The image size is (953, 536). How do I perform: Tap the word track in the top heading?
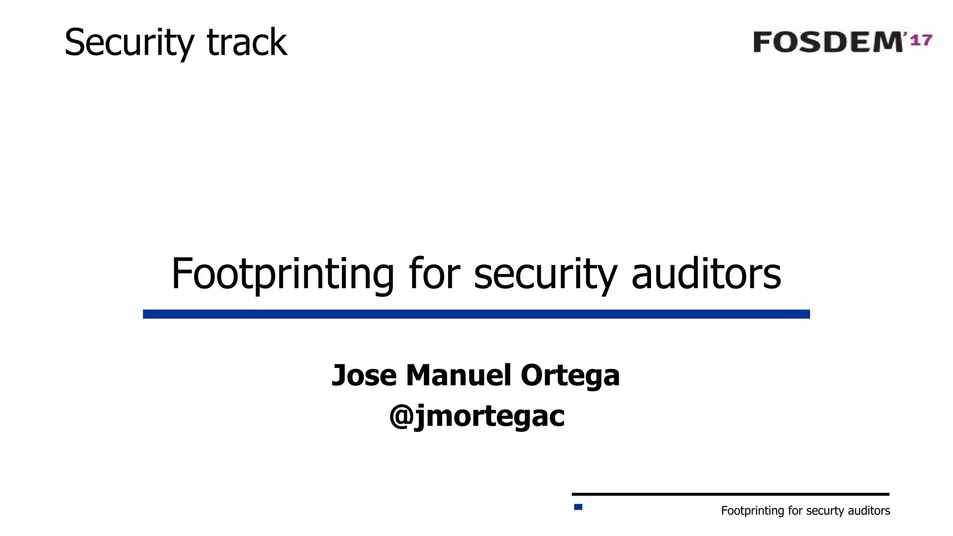pyautogui.click(x=247, y=43)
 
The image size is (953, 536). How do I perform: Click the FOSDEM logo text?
pyautogui.click(x=827, y=42)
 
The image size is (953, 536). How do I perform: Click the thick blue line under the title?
pyautogui.click(x=476, y=314)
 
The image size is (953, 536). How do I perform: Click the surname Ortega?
pyautogui.click(x=570, y=376)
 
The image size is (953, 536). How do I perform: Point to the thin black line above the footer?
pyautogui.click(x=730, y=494)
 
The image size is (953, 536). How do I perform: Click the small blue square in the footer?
pyautogui.click(x=578, y=507)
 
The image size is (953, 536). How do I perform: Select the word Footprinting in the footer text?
pyautogui.click(x=752, y=511)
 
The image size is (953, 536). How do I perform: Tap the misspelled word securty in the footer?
pyautogui.click(x=825, y=511)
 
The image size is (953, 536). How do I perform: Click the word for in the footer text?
pyautogui.click(x=795, y=511)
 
